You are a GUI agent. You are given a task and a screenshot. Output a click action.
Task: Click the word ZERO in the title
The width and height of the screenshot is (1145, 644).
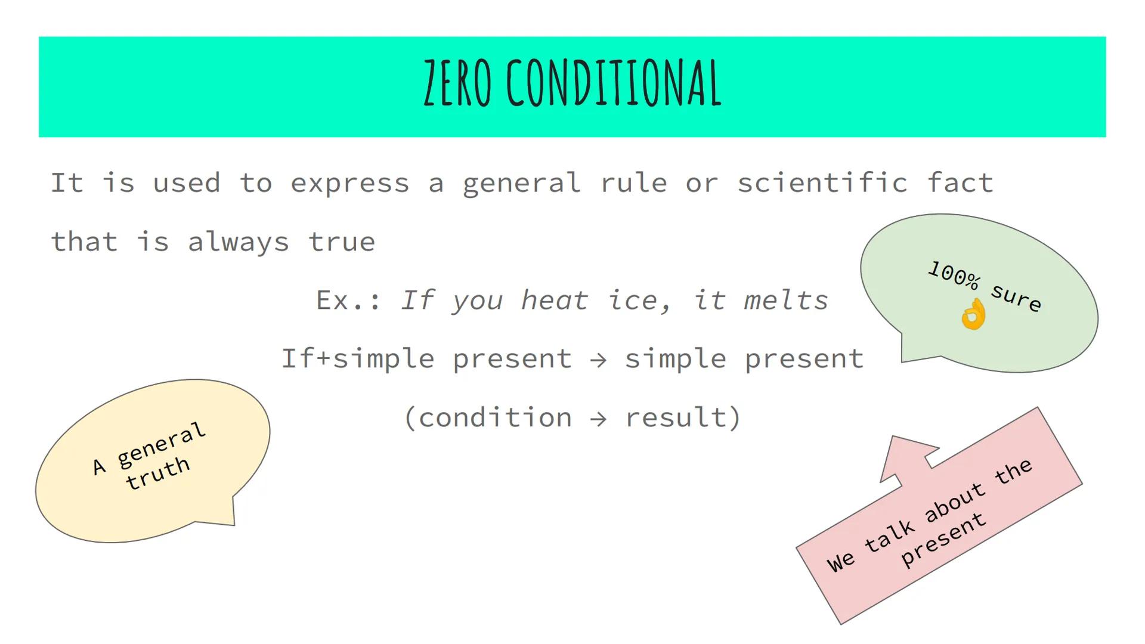(457, 83)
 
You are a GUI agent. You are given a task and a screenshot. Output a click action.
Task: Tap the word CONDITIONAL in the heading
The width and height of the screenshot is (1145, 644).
(614, 83)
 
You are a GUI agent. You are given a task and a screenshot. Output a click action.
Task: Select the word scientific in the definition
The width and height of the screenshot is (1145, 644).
(822, 182)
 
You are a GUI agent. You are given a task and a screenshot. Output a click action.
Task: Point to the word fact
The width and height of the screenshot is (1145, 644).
(960, 182)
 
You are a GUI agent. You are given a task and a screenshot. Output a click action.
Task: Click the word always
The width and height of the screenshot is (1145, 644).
(238, 242)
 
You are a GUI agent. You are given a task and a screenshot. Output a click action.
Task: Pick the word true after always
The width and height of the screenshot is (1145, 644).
(342, 242)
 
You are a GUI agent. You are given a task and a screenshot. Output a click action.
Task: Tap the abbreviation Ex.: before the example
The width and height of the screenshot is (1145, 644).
(348, 300)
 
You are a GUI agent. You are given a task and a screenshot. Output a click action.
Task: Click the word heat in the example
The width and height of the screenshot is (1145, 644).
(555, 300)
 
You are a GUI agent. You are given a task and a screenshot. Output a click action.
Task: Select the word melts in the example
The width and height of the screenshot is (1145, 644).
(786, 300)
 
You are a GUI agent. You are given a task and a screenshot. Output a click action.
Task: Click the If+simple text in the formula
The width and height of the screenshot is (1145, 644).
(358, 359)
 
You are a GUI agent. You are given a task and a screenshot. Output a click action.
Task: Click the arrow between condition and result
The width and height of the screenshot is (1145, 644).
(598, 419)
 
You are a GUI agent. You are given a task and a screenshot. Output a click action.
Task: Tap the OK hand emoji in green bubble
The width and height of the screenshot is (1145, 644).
(973, 314)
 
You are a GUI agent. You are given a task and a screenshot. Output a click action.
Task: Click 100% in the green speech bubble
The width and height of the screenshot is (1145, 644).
(954, 275)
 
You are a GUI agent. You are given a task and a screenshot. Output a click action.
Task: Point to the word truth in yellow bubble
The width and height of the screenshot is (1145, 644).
(158, 473)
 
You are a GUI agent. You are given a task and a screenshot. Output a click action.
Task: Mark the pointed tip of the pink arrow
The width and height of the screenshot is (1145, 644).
(893, 437)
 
